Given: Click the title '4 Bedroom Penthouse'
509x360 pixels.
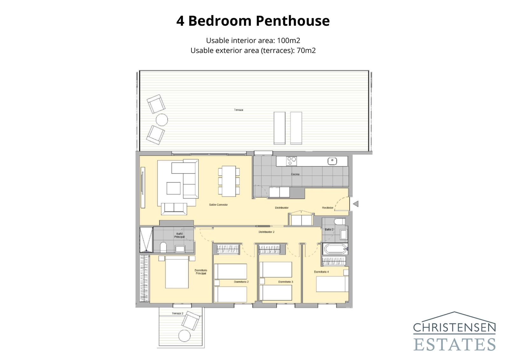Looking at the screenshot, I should point(253,21).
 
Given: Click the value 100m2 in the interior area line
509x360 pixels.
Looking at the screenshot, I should point(289,40).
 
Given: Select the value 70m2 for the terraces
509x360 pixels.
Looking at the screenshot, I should point(306,50).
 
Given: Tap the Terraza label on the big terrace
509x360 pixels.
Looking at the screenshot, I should point(239,110).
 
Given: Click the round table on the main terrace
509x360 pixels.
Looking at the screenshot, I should point(162,120).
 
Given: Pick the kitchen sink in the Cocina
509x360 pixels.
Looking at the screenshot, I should point(332,161).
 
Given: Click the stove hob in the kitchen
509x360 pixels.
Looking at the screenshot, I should point(291,161).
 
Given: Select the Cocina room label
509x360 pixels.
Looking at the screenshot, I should point(295,174).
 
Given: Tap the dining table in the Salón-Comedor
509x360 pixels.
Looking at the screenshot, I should point(229,181).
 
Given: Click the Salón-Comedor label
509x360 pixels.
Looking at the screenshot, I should point(218,205).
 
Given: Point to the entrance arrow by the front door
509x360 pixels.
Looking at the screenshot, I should point(356,204).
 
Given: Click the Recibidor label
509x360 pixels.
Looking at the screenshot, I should point(327,208).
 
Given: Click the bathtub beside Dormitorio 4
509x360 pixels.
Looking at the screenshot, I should point(335,249).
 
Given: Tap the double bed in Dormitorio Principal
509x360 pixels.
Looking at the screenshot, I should point(177,272).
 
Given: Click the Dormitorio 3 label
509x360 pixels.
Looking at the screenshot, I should point(286,282).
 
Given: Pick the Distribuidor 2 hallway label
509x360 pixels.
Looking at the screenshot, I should point(266,232).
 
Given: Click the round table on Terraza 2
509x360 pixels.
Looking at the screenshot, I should point(184,336).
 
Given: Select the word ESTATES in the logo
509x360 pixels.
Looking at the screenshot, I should point(455,345).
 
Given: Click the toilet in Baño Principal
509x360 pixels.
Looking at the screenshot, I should point(163,247).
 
